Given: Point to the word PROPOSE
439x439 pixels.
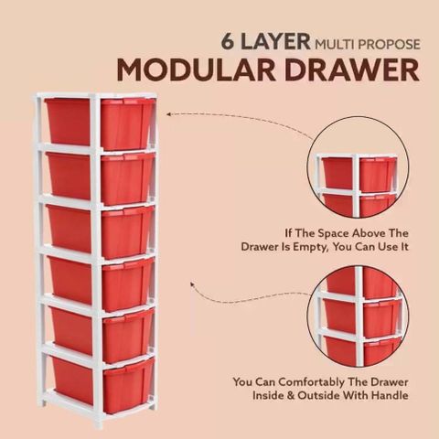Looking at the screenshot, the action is [390, 45].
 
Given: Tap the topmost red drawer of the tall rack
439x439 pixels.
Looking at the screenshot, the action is [100, 123].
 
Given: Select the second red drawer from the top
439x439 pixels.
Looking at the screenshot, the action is [101, 178].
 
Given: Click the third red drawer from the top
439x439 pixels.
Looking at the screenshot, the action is [101, 231].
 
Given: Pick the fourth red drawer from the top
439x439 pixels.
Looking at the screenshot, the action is [102, 284].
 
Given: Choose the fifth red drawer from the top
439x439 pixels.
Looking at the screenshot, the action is [102, 336].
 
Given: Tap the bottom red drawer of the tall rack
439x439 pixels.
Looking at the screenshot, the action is [102, 386].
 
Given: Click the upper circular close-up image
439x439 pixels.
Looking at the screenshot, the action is [358, 167].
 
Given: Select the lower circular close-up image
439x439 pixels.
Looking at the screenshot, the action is [359, 316].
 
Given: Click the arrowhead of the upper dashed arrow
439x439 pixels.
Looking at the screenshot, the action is [169, 114].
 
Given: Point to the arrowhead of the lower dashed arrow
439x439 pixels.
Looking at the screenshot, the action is [192, 284].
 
